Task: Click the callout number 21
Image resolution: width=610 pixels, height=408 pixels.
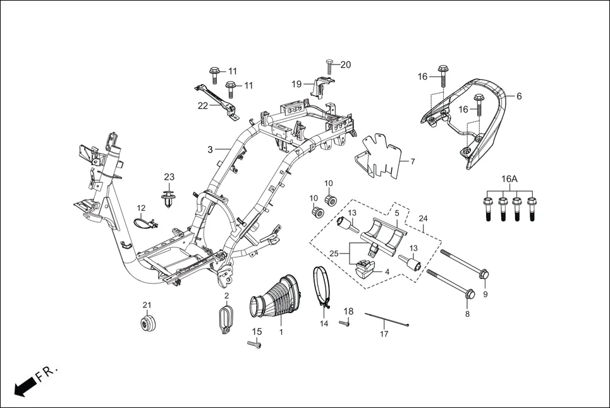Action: [x=147, y=306]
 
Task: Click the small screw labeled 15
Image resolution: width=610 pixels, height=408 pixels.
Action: [x=254, y=344]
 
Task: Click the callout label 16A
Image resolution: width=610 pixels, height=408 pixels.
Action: [x=509, y=179]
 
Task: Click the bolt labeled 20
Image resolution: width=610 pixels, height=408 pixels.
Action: [x=329, y=66]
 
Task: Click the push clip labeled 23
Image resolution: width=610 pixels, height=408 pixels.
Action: [x=168, y=199]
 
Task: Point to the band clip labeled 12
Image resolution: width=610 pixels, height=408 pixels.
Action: [x=146, y=223]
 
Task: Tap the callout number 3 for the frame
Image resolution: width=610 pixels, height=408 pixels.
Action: [x=210, y=150]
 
